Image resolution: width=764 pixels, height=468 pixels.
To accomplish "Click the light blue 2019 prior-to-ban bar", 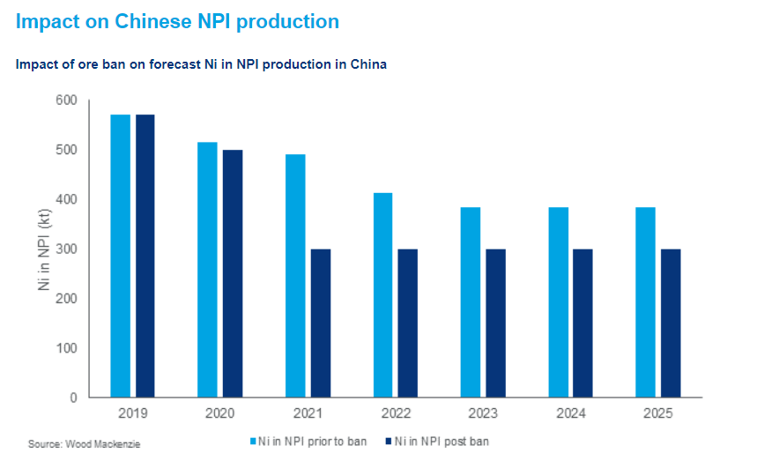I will coord(120,256).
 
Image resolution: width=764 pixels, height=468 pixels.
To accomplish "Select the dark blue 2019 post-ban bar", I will coord(145,256).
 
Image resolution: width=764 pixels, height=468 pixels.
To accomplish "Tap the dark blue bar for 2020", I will coord(233,273).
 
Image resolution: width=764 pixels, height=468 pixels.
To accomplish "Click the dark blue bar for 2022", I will coord(408,323).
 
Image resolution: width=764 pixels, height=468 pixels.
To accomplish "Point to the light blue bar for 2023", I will coord(471,302).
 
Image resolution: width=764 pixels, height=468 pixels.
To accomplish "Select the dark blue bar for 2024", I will coord(583,323).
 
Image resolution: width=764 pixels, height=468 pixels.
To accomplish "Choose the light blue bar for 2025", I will coord(646,302).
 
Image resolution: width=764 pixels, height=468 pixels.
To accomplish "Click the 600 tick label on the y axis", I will coord(66,100).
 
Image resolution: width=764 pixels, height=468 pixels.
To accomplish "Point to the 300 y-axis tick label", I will coord(66,249).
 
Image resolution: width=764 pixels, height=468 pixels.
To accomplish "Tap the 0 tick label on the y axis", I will coord(72,397).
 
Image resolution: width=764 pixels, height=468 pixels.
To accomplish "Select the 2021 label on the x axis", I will coord(308,413).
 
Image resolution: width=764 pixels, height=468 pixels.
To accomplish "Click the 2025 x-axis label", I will coord(658,413).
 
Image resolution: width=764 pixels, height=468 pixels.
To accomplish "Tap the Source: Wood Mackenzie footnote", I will coord(84,444).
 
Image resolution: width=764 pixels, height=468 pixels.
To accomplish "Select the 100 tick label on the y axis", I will coord(66,348).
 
